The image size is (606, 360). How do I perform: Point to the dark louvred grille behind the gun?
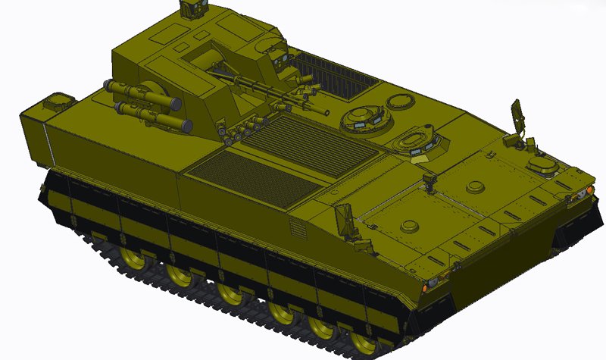(x=333, y=75)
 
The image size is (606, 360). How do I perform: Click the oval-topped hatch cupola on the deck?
(x=414, y=140)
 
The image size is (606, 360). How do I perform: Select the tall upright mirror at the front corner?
(x=517, y=114)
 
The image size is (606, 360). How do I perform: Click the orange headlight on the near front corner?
(x=430, y=284)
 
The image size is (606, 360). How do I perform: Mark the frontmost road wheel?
(x=364, y=345)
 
